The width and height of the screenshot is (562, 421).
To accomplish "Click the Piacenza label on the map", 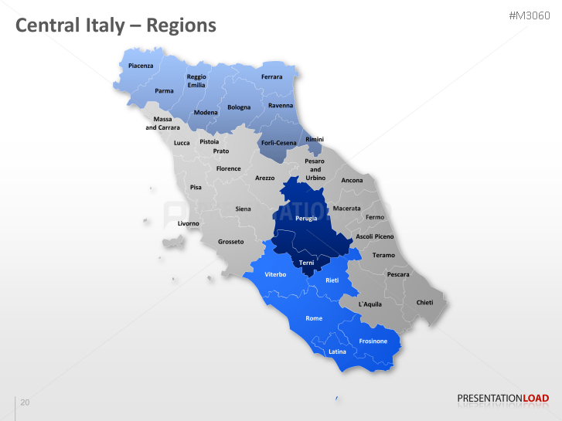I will click(x=141, y=66).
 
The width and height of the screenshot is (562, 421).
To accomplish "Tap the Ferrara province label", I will click(x=272, y=77).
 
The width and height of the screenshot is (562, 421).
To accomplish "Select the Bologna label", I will click(x=239, y=107).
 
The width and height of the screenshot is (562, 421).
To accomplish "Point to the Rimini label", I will click(x=315, y=139).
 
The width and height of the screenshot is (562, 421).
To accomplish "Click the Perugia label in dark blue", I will click(x=306, y=219).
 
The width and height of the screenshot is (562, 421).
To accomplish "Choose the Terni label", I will click(x=307, y=263).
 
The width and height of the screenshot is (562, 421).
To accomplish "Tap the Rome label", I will click(x=314, y=318).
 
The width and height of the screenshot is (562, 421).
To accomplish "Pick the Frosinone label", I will click(x=373, y=341).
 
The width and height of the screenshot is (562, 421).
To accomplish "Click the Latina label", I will click(x=338, y=351).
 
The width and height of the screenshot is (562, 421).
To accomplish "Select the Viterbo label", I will click(x=276, y=274).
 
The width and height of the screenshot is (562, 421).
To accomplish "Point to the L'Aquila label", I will click(x=371, y=304).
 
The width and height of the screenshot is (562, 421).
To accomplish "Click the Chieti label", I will click(x=425, y=302).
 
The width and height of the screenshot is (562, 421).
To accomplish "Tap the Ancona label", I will click(x=352, y=181).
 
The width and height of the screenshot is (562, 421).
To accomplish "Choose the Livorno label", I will click(x=189, y=223).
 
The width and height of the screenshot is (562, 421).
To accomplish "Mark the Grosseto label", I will click(x=231, y=242).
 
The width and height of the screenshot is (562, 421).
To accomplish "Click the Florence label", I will click(x=229, y=168).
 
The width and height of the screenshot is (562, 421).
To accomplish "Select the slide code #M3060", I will click(x=530, y=15).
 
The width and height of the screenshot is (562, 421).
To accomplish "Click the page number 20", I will click(x=25, y=402).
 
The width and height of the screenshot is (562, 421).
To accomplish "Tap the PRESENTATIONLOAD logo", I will click(x=503, y=399).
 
